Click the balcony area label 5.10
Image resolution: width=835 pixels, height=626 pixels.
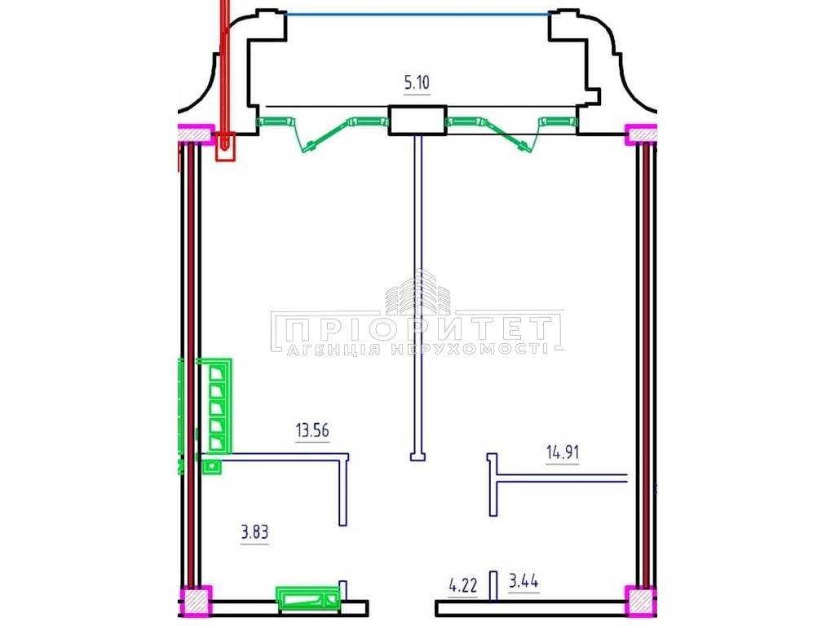[x=417, y=83]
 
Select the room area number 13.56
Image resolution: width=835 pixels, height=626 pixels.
[x=312, y=430]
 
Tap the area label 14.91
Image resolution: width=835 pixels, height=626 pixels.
[x=563, y=452]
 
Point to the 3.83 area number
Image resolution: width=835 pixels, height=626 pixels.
[x=254, y=531]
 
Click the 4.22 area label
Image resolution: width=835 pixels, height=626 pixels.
[x=463, y=587]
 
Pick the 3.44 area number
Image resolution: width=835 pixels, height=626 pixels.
[x=524, y=580]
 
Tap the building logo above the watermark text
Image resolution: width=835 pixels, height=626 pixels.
[x=418, y=293]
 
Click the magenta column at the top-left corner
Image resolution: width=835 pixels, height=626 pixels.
[x=196, y=134]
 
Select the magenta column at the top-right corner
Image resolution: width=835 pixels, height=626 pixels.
[x=641, y=134]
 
